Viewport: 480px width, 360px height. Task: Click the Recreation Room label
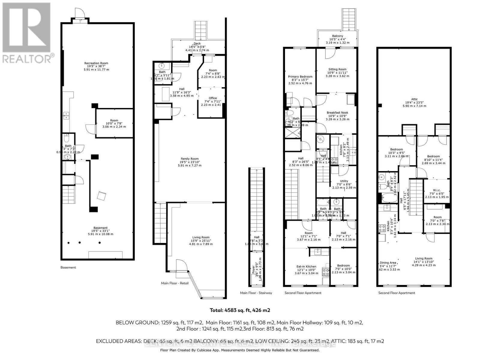coord(96,63)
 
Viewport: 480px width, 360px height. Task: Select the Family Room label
coord(189,159)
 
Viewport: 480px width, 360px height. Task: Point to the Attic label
coord(414,99)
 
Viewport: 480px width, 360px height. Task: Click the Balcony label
coord(337,36)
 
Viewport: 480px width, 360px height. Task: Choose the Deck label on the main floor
coord(197,44)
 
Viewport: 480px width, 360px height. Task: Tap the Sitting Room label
coord(337,69)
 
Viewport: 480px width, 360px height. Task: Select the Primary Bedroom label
coord(300,77)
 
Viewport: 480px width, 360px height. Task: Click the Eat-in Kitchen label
coord(306,266)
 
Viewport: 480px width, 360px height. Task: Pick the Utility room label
coord(344,181)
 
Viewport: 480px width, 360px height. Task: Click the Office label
coord(213,98)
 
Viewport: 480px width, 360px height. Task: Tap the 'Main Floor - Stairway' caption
coord(256,293)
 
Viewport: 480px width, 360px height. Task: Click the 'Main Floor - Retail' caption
coord(175,283)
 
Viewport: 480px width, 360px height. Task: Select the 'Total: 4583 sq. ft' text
coord(238,310)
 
